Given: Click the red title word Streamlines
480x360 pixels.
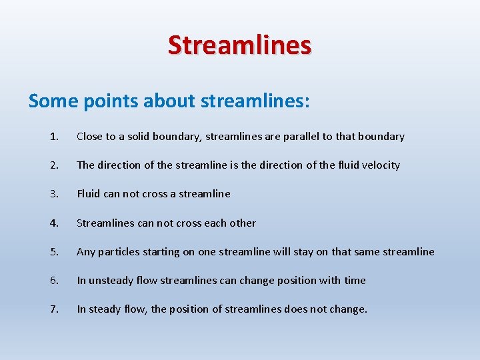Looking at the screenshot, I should (239, 45).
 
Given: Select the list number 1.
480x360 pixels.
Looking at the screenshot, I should (53, 137).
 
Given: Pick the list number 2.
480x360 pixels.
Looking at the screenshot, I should (53, 165).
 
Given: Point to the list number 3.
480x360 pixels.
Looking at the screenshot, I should (53, 194).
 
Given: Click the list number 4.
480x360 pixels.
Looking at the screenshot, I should (53, 223).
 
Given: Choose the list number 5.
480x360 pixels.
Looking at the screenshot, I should (53, 252).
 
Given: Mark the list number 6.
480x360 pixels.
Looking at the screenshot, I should (53, 281).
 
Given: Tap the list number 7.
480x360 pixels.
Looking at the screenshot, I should (53, 309).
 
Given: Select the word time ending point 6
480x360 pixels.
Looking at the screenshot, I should (355, 281).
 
